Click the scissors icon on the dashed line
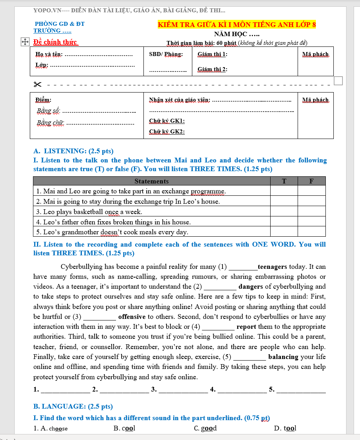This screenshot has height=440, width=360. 38,84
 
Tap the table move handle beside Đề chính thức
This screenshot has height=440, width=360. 25,42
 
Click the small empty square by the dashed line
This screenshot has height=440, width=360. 338,81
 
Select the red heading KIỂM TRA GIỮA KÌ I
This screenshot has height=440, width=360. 237,25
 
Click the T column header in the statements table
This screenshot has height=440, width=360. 284,181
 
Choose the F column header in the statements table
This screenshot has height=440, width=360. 312,181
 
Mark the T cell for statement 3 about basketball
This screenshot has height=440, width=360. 284,212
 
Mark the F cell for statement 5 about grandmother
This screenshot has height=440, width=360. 312,232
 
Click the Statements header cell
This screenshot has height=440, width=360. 151,181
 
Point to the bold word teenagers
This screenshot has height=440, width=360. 272,267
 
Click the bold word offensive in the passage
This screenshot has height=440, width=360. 132,317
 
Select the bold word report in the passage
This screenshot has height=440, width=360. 247,327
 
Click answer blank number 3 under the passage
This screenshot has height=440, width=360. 183,390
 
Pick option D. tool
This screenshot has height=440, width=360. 285,428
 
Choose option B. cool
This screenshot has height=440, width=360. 124,428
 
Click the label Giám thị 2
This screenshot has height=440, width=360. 212,69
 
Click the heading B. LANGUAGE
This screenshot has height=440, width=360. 73,406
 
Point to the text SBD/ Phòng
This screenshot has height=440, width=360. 166,54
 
